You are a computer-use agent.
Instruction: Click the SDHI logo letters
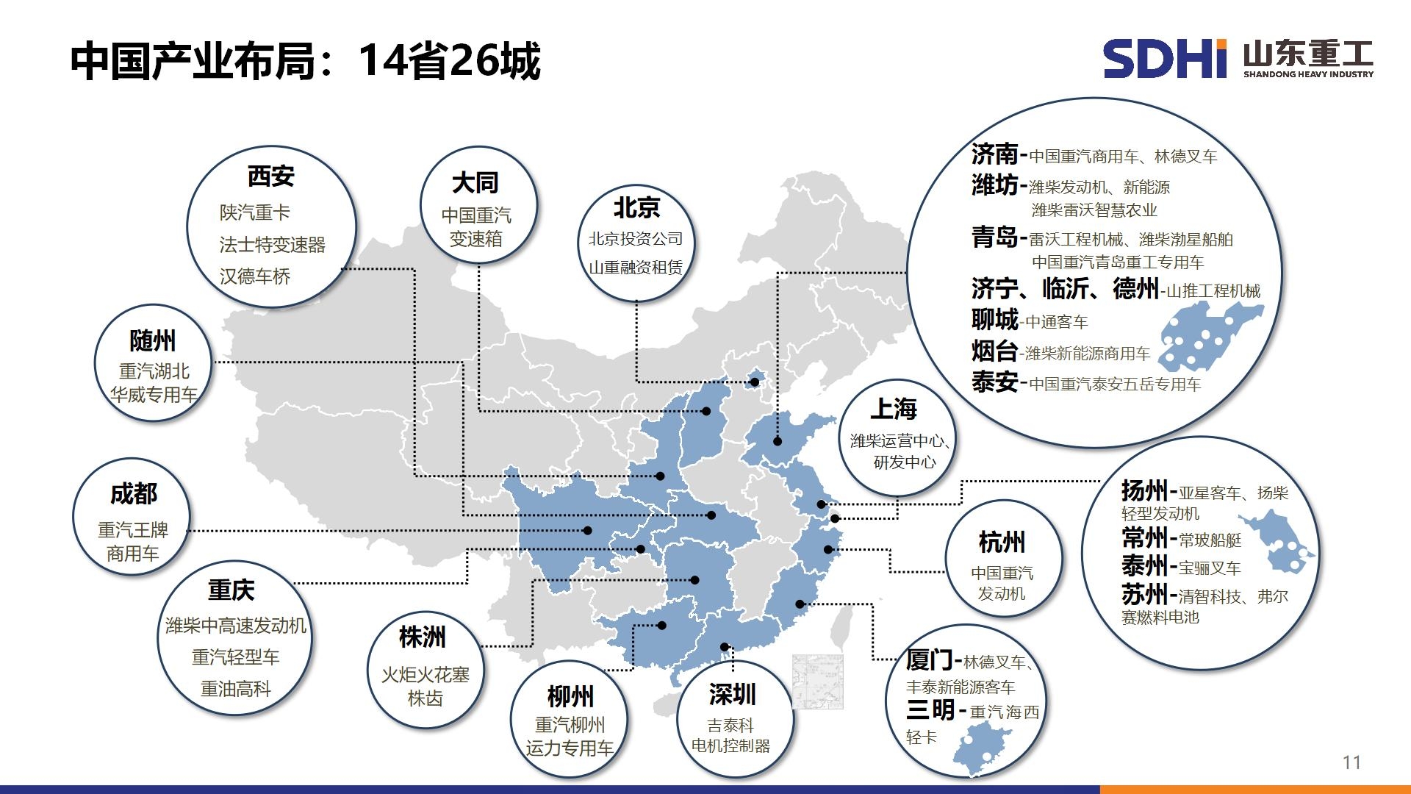pyautogui.click(x=1166, y=59)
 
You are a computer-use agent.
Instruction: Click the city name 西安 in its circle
pyautogui.click(x=270, y=176)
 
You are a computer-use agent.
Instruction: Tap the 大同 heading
pyautogui.click(x=475, y=182)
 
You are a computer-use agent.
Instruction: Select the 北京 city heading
pyautogui.click(x=636, y=208)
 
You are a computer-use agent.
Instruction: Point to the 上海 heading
pyautogui.click(x=894, y=409)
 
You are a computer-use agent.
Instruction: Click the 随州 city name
pyautogui.click(x=153, y=341)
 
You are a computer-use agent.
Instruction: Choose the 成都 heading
pyautogui.click(x=134, y=494)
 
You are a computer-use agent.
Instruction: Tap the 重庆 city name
pyautogui.click(x=231, y=590)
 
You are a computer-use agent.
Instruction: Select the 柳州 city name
pyautogui.click(x=570, y=696)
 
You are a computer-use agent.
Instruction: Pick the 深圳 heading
pyautogui.click(x=732, y=694)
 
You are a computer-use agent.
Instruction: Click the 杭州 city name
pyautogui.click(x=1002, y=543)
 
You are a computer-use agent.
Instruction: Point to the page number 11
pyautogui.click(x=1351, y=762)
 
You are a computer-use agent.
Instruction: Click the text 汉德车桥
pyautogui.click(x=255, y=276)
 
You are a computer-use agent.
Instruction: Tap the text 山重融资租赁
pyautogui.click(x=636, y=268)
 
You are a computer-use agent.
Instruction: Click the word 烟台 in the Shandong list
pyautogui.click(x=994, y=351)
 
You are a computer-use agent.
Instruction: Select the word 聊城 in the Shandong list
pyautogui.click(x=995, y=320)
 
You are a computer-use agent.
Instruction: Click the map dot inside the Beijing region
pyautogui.click(x=754, y=382)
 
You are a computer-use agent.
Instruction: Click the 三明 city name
pyautogui.click(x=930, y=710)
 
